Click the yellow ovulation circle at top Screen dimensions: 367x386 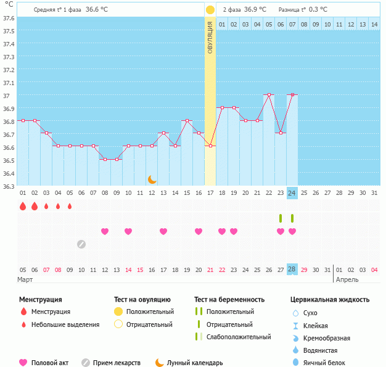point(210,10)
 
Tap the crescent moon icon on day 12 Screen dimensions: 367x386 point(152,179)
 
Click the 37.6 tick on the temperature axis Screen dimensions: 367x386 point(8,18)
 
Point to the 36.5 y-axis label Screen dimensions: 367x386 point(8,160)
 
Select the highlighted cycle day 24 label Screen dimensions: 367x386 point(292,193)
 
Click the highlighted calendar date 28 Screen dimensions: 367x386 point(292,270)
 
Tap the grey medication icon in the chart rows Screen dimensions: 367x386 point(81,244)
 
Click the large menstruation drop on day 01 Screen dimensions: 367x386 point(23,206)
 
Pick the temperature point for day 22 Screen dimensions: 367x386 point(269,95)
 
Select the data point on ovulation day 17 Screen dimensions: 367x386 point(210,146)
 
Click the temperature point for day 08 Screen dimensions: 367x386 point(105,159)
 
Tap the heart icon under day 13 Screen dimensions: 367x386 point(163,231)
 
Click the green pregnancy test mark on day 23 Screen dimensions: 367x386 point(281,218)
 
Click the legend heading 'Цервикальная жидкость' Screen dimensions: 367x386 point(330,300)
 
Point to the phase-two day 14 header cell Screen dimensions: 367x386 point(374,24)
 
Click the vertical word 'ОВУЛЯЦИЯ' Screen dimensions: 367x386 point(210,38)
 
